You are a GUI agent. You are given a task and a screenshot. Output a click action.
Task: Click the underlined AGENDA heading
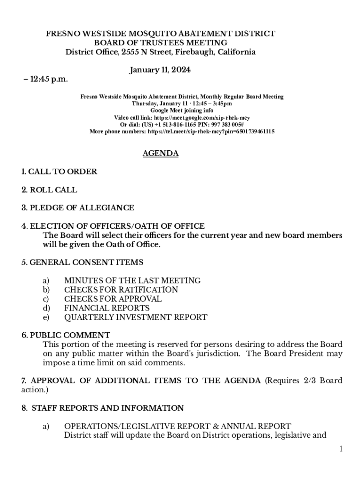[x=160, y=154]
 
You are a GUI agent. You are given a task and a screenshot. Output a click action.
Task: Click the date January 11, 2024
[x=160, y=70]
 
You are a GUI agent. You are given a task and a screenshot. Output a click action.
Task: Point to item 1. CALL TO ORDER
[x=59, y=172]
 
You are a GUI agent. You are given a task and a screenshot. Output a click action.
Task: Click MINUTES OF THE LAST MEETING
[x=132, y=280]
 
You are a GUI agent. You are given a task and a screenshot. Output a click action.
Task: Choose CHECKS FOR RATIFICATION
[x=121, y=290]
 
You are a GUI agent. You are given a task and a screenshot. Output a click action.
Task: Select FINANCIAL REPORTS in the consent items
[x=107, y=308]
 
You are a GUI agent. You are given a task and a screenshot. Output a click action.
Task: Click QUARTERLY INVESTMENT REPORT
[x=136, y=317]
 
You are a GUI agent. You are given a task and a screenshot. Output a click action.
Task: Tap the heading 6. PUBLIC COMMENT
[x=66, y=335]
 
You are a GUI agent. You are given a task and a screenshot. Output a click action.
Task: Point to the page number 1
[x=340, y=449]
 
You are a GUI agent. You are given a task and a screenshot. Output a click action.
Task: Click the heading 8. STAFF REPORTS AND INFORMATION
[x=103, y=408]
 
